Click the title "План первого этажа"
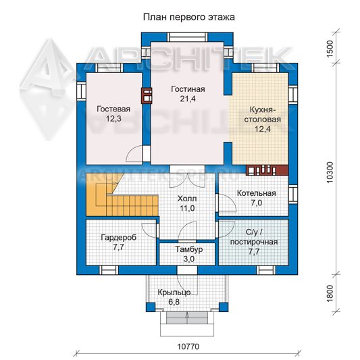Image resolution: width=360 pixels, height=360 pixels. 188,18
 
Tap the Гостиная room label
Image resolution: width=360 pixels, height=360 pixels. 188,89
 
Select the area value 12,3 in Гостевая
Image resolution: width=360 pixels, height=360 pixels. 113,118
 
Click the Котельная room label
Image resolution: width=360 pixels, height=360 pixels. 256,193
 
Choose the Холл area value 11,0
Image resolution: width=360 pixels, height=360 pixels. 187,208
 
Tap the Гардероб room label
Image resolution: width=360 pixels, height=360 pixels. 118,237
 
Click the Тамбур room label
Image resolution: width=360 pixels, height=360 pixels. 188,249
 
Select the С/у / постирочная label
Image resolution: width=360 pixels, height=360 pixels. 254,237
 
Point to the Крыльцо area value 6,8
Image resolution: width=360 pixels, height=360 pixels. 174,302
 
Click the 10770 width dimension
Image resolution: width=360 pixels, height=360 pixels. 188,346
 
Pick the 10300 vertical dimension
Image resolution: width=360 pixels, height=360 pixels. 329,172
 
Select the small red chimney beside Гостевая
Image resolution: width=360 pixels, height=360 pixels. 147,95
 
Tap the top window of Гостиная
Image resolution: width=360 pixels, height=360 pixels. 187,37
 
